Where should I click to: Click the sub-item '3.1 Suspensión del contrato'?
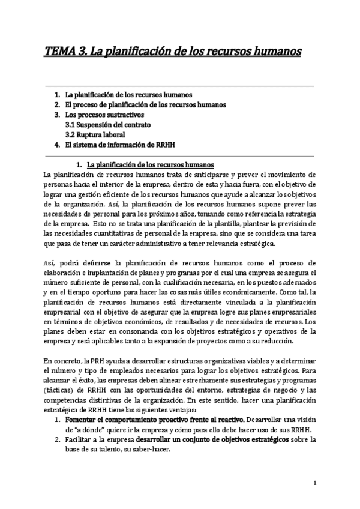click(108, 125)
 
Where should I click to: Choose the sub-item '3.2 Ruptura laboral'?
click(95, 135)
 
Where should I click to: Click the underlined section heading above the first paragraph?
click(151, 164)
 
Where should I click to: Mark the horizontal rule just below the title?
click(180, 86)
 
